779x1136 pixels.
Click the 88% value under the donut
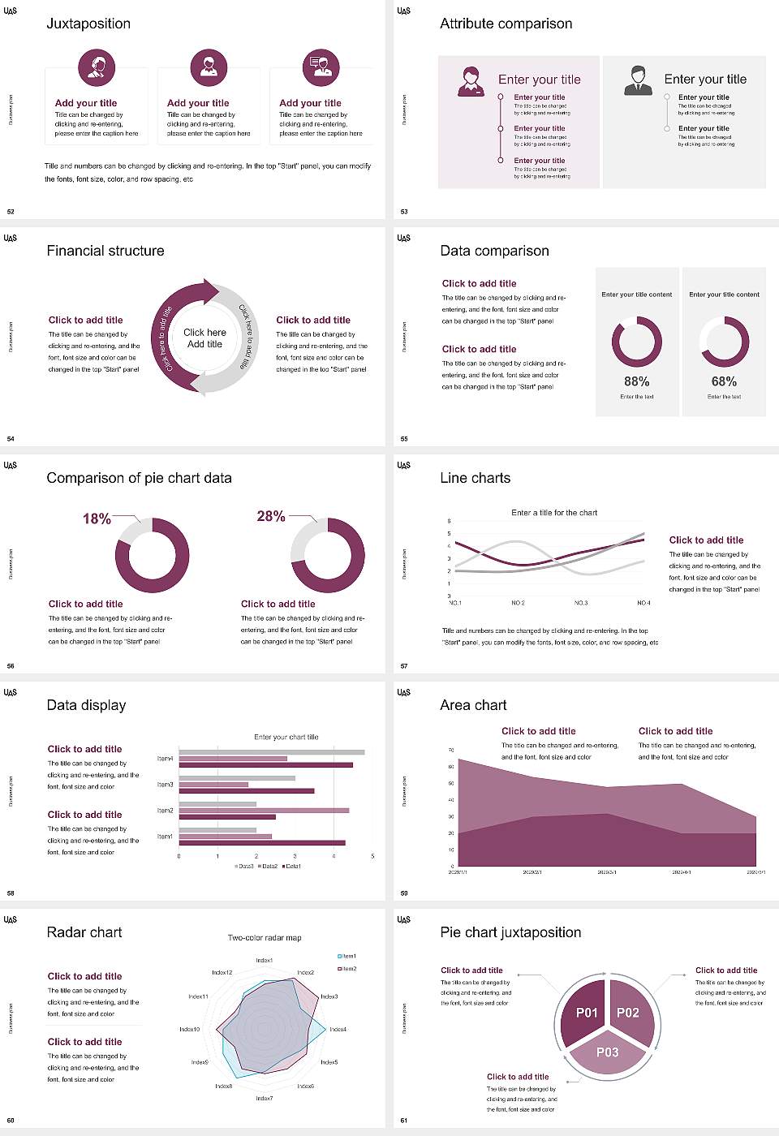pos(636,381)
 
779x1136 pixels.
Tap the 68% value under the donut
pos(724,381)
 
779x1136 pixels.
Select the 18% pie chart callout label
pos(97,519)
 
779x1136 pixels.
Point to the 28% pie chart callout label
pos(270,516)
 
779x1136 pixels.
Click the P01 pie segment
pos(587,1013)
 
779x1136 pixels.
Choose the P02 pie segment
pos(628,1013)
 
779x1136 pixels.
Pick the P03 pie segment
pos(608,1052)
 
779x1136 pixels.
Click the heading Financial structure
pos(105,251)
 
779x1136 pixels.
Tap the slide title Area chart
pos(473,705)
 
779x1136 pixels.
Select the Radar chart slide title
pos(84,932)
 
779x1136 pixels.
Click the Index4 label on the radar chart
pos(338,1029)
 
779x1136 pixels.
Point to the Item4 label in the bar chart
pos(165,759)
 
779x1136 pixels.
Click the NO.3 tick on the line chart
pos(581,603)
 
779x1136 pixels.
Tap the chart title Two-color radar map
pos(265,938)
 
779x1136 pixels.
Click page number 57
pos(404,666)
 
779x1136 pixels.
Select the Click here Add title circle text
pos(204,338)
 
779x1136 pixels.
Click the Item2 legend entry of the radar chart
pos(347,969)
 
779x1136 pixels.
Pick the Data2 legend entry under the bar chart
pos(268,867)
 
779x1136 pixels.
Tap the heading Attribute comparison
pos(506,24)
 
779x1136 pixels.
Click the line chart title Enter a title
pos(554,513)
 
